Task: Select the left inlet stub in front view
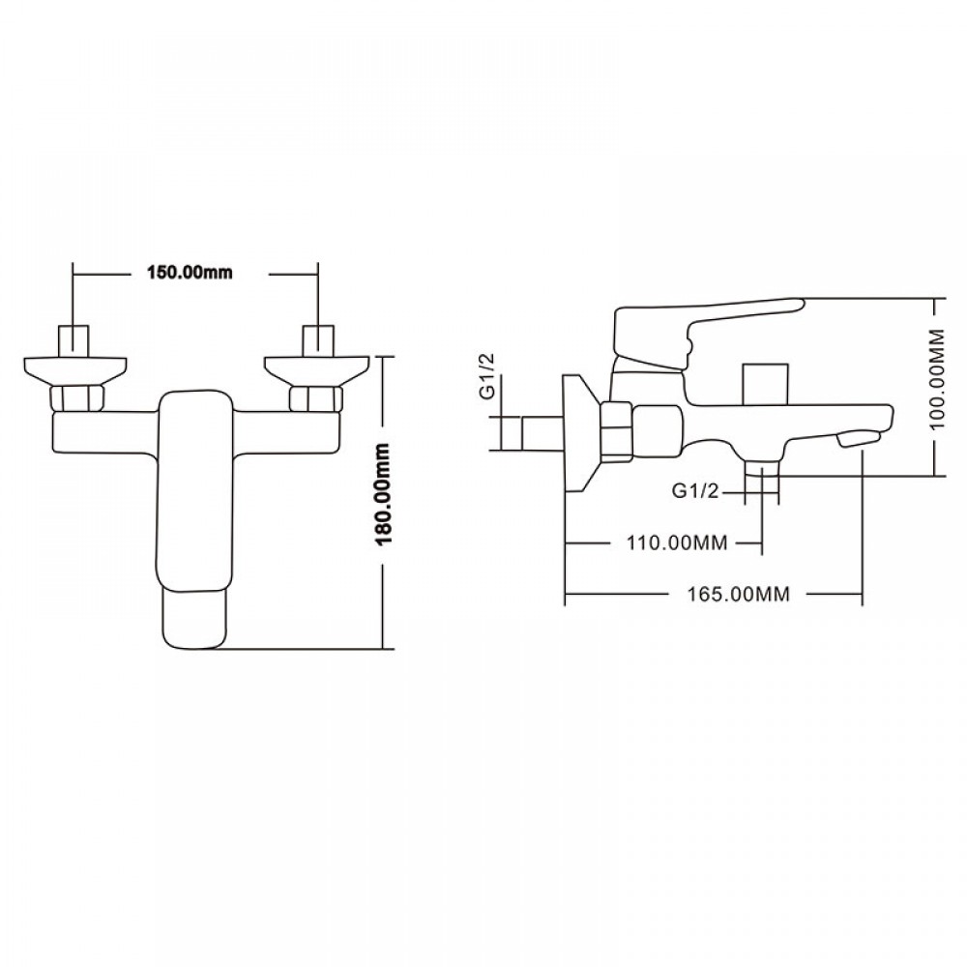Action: click(x=73, y=341)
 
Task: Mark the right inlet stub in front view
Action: click(x=317, y=341)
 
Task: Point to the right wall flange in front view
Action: click(x=317, y=368)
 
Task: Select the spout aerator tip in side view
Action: click(x=861, y=437)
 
